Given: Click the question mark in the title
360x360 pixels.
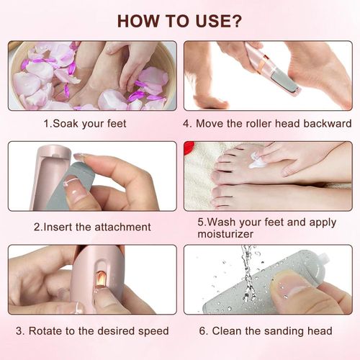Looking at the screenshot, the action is point(236,21).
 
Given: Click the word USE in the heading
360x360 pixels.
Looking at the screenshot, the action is point(212,21).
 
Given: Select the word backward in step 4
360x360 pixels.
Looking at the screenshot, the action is point(328,124).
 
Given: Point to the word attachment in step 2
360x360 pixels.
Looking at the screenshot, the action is point(122,227).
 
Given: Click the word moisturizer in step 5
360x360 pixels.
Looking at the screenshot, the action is point(225,234).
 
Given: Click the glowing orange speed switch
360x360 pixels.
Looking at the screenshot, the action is point(101,280).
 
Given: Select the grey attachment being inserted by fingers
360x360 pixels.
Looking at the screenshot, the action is point(70,186).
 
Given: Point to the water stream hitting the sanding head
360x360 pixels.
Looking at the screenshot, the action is point(247,274).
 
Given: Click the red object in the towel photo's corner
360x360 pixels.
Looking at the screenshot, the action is point(189,147).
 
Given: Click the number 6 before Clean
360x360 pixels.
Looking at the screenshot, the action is point(203,331).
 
